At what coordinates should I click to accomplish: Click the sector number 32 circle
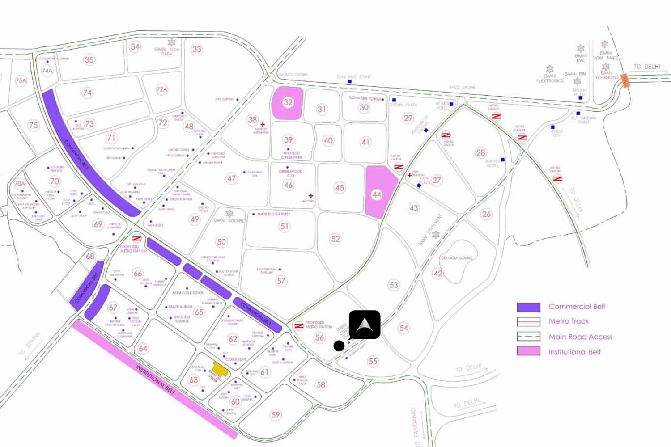click(x=288, y=102)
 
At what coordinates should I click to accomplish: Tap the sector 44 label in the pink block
click(x=377, y=195)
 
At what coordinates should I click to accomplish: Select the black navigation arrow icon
click(x=365, y=325)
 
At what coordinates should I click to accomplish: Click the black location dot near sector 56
click(x=339, y=346)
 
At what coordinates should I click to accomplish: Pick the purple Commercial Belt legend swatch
click(x=528, y=307)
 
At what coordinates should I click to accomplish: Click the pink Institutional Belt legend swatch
click(x=528, y=351)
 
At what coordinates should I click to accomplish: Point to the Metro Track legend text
click(x=569, y=321)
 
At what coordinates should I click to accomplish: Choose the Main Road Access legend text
click(x=580, y=337)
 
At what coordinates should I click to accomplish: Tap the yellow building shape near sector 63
click(x=220, y=369)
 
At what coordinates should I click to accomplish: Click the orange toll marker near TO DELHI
click(x=625, y=80)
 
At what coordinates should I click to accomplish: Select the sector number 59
click(x=276, y=415)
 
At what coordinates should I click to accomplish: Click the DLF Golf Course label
click(x=457, y=258)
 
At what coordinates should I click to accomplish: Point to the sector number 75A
click(x=21, y=81)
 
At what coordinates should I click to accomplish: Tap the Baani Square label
click(x=229, y=220)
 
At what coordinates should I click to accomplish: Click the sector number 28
click(x=480, y=152)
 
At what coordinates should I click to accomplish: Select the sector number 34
click(x=135, y=46)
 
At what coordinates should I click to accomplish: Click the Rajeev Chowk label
click(x=293, y=75)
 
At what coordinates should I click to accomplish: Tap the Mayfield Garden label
click(x=273, y=214)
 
